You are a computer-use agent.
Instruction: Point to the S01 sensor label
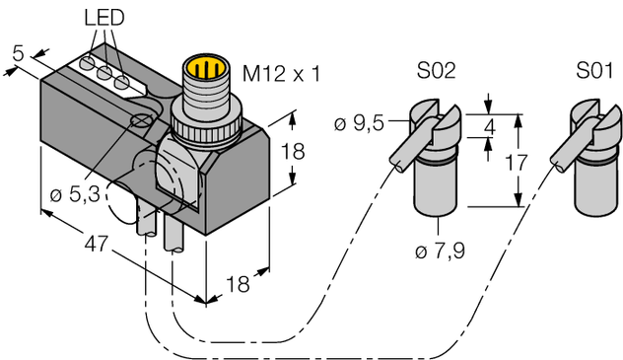click(x=592, y=73)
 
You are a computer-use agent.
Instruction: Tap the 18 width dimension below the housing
click(x=242, y=285)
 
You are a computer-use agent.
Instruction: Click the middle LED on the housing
click(x=104, y=76)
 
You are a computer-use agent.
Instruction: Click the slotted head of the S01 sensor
click(x=589, y=121)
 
